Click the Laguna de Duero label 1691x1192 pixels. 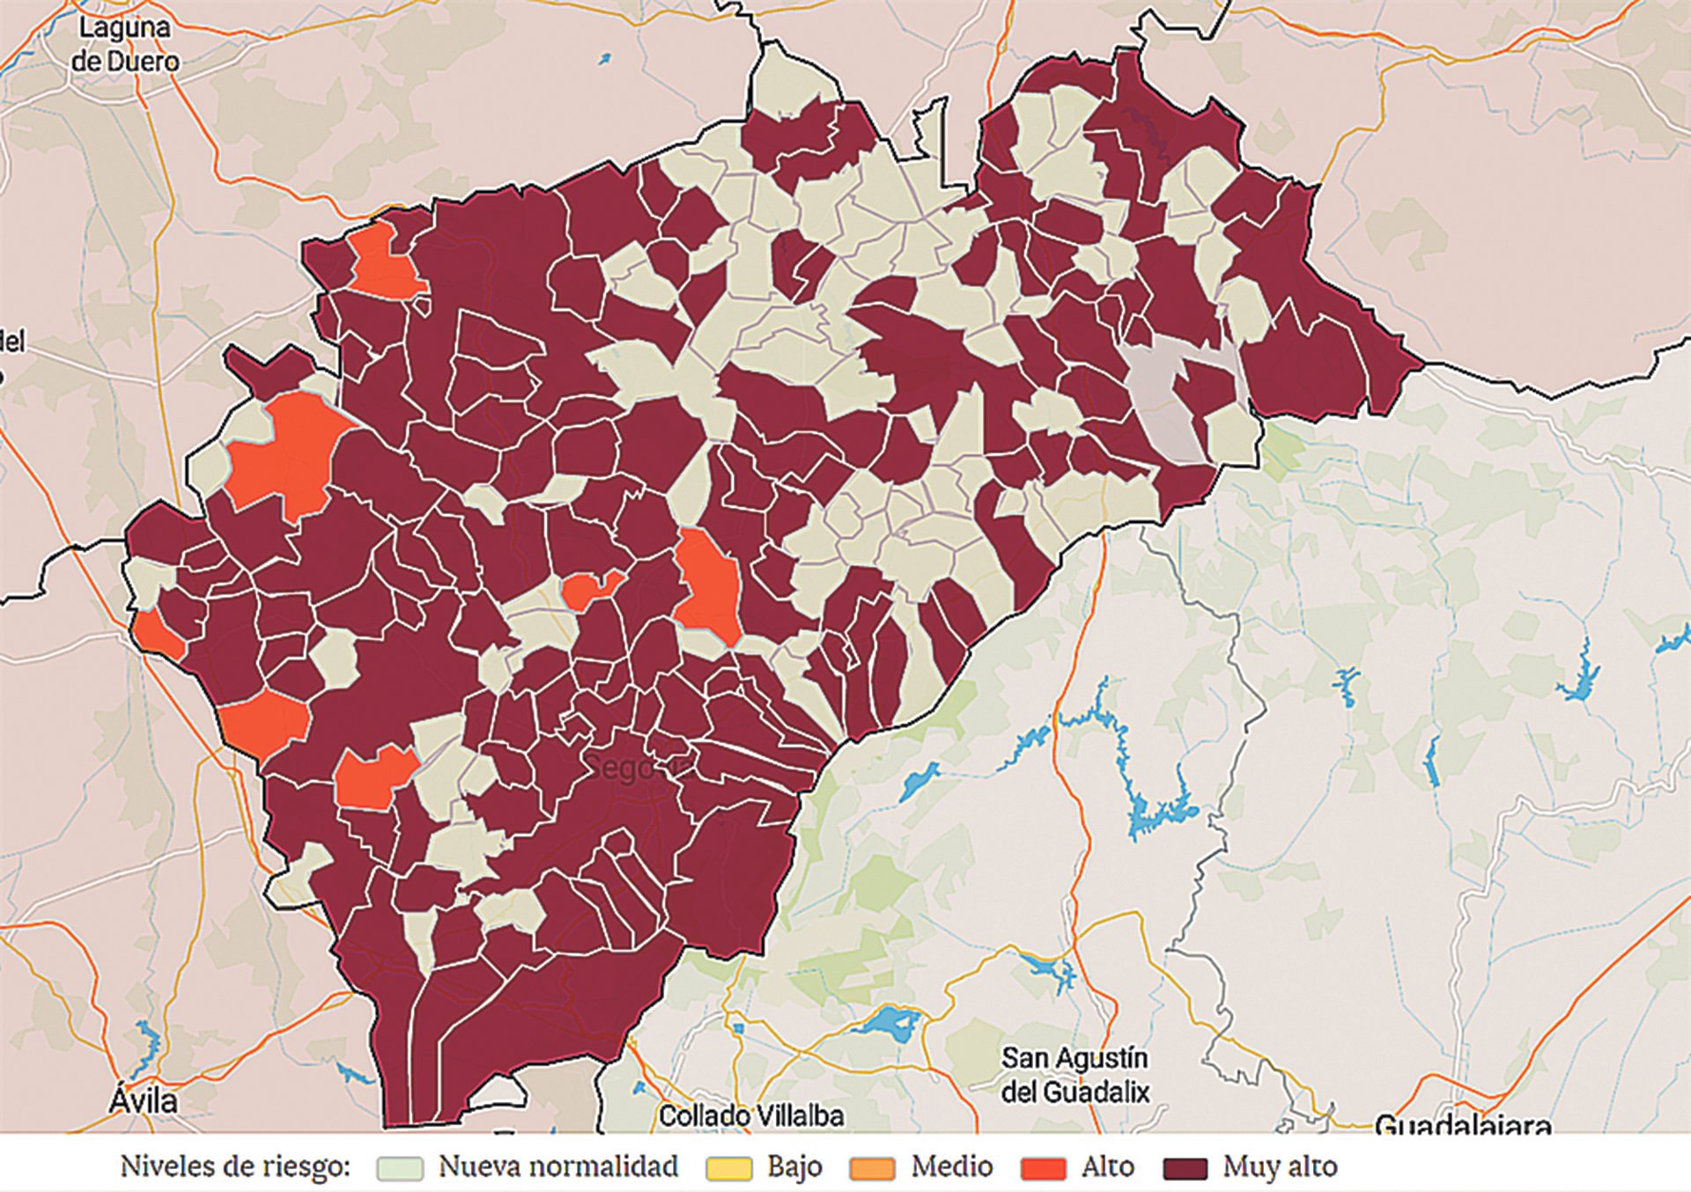pos(125,44)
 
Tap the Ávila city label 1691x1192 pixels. pos(143,1100)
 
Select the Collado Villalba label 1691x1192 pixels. pos(751,1115)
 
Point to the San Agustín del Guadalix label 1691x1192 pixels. pos(1075,1074)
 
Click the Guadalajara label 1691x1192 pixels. pos(1462,1123)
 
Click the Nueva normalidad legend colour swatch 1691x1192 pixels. pos(399,1167)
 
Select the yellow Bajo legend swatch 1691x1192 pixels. pos(728,1167)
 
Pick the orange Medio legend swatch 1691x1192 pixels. pos(872,1167)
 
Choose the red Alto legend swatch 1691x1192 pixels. pos(1043,1167)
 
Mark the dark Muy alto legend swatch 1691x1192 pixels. pos(1185,1167)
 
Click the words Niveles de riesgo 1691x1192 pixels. pos(235,1166)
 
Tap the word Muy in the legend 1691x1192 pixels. pos(1244,1166)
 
